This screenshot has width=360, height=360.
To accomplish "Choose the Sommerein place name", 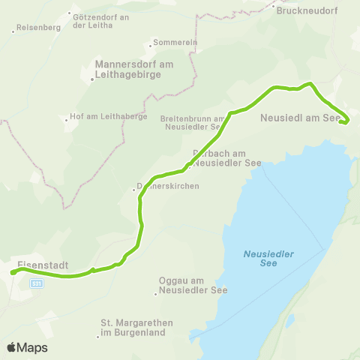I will click(174, 43).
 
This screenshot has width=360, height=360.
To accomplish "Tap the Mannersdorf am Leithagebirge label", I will click(134, 69).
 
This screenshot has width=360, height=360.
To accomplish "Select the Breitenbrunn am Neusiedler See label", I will click(193, 123).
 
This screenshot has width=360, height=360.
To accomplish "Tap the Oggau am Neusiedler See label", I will click(193, 285).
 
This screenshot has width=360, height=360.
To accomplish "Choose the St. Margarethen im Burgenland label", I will click(136, 327).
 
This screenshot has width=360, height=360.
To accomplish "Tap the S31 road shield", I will click(37, 283).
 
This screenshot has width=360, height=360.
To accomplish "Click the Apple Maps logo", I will click(27, 347).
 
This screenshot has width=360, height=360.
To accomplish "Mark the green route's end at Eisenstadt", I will click(13, 273).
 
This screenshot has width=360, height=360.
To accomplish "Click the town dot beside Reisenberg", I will click(14, 31).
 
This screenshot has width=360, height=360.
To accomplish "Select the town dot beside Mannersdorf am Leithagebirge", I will click(92, 78).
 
